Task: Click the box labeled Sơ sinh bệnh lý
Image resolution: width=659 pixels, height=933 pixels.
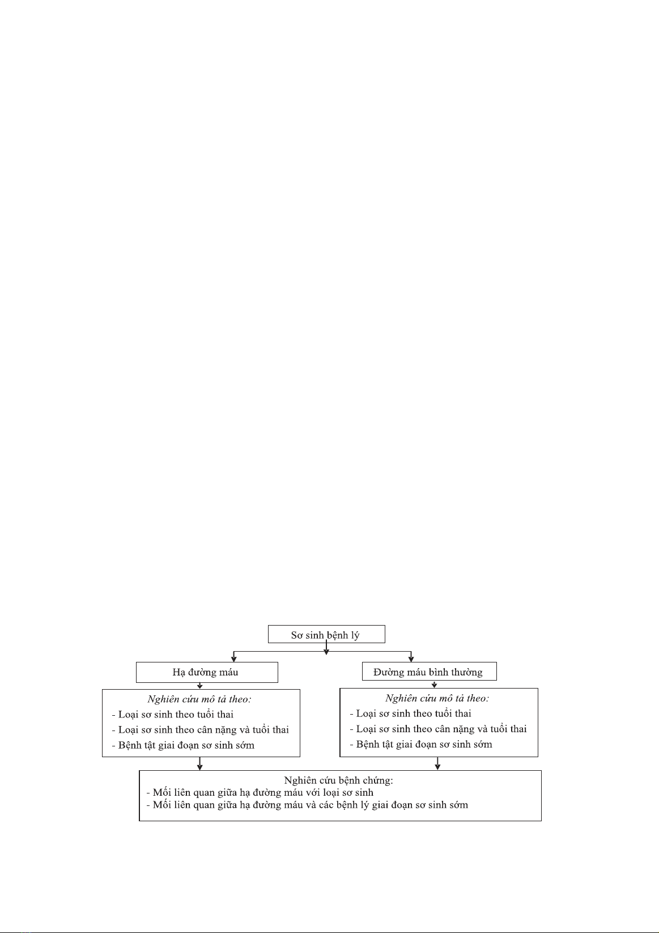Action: coord(326,634)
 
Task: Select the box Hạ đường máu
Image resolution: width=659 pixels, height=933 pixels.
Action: coord(207,672)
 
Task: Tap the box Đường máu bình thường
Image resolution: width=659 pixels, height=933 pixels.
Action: coord(430,672)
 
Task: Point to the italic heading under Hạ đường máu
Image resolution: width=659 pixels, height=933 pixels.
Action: coord(199,699)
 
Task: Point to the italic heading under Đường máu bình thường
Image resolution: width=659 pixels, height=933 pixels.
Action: coord(437,699)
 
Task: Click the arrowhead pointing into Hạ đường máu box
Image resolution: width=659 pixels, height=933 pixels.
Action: coord(234,659)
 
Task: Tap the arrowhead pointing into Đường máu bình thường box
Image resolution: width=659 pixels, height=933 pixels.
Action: coord(411,659)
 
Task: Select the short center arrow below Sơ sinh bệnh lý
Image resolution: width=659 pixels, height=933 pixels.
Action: coord(326,649)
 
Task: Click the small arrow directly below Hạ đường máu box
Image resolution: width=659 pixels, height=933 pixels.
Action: coord(199,686)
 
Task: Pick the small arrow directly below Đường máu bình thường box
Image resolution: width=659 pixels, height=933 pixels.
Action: coord(435,685)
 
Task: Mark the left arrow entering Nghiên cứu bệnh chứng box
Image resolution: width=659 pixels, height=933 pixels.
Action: coord(199,763)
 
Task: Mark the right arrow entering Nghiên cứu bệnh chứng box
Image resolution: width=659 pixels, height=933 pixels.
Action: coord(437,763)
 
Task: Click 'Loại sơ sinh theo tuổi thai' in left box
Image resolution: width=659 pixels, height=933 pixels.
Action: coord(173,715)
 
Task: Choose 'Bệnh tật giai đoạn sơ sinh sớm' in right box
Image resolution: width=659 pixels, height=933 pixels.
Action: coord(421,744)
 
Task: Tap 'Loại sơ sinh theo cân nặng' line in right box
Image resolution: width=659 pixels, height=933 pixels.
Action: coord(438,729)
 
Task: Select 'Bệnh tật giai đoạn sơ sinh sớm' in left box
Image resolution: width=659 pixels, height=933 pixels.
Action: coord(183,745)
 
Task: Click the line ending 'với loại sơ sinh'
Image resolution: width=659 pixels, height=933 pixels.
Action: coord(260,793)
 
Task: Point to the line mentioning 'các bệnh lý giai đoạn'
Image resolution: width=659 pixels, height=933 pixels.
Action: coord(307,805)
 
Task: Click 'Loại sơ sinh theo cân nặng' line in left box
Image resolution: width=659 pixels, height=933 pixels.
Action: coord(200,730)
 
